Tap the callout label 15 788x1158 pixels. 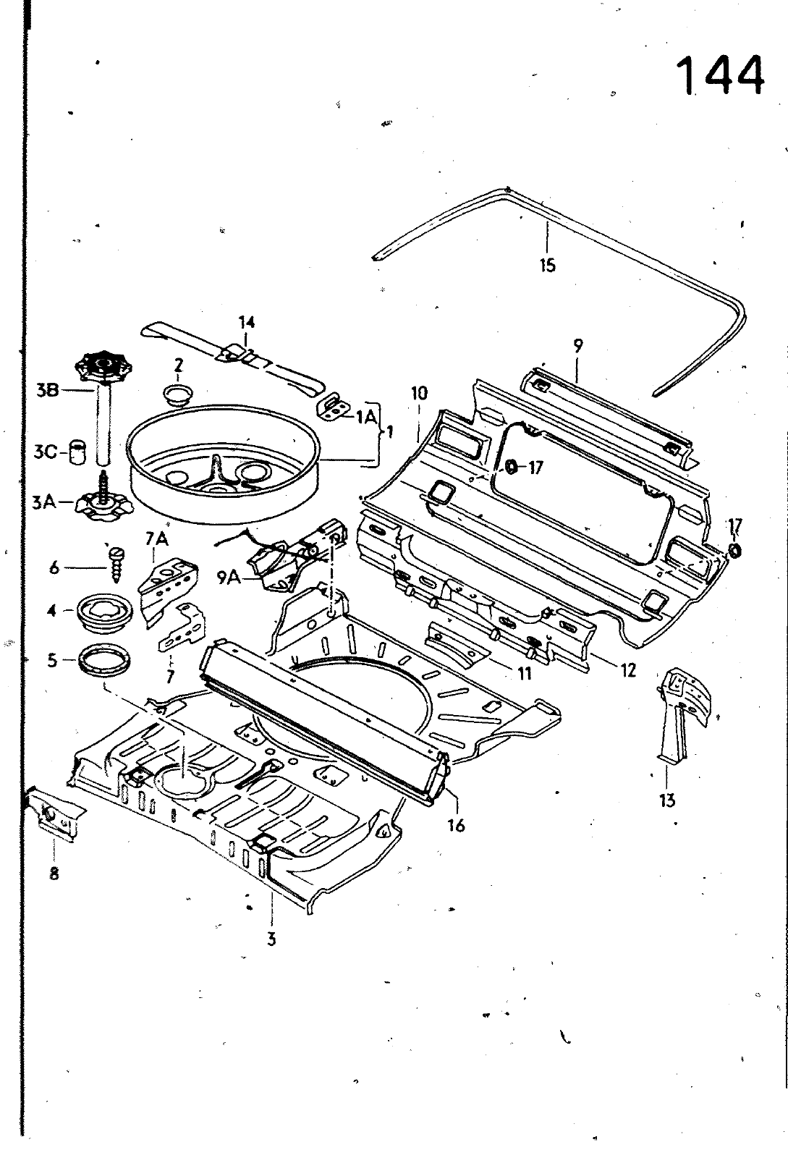click(x=547, y=265)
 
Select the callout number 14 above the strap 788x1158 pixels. click(x=247, y=322)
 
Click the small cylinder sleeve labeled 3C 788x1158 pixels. click(x=77, y=454)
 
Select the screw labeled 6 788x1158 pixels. click(x=116, y=559)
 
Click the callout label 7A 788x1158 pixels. click(x=157, y=538)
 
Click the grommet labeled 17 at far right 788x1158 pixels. click(x=733, y=551)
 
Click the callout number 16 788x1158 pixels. click(x=455, y=824)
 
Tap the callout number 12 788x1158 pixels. click(x=627, y=670)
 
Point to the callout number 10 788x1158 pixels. click(x=419, y=394)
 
